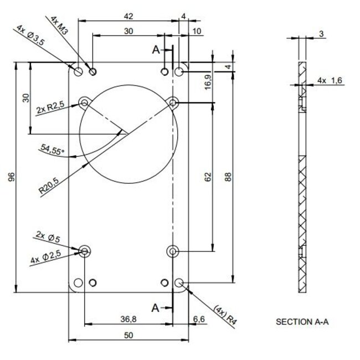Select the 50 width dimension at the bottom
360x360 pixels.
pyautogui.click(x=128, y=335)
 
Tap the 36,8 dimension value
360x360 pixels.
pyautogui.click(x=128, y=318)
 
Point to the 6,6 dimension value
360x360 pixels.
pyautogui.click(x=199, y=318)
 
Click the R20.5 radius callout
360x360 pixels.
pyautogui.click(x=49, y=184)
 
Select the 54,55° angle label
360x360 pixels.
pyautogui.click(x=53, y=150)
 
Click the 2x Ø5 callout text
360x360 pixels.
pyautogui.click(x=48, y=237)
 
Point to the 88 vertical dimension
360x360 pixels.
pyautogui.click(x=228, y=177)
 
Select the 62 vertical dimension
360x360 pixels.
pyautogui.click(x=208, y=177)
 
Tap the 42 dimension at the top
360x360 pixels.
pyautogui.click(x=128, y=16)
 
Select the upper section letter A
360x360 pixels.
pyautogui.click(x=156, y=50)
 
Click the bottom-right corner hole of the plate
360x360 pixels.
pyautogui.click(x=179, y=283)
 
